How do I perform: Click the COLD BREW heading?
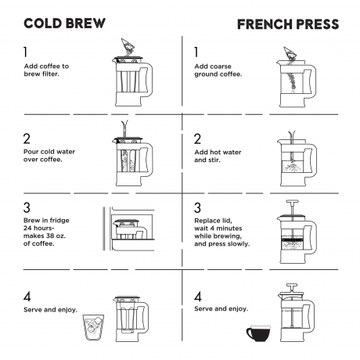(x=64, y=23)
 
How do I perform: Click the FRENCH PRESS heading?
(x=288, y=24)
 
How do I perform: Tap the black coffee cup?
(x=258, y=333)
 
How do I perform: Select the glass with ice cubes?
(x=93, y=327)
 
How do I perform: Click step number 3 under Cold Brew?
(x=27, y=207)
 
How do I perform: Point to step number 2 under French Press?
(x=197, y=139)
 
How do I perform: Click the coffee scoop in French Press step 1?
(x=290, y=53)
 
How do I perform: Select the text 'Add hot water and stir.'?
(x=218, y=156)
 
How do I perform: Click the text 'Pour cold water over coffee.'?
(x=49, y=156)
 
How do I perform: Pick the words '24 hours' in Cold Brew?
(x=38, y=228)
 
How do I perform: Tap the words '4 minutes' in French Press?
(x=226, y=229)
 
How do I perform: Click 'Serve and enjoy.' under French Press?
(x=221, y=309)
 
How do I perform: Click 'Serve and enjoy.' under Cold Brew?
(x=50, y=310)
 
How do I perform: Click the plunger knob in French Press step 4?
(x=292, y=285)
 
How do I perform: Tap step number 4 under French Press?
(x=198, y=297)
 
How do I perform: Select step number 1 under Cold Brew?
(x=25, y=52)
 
